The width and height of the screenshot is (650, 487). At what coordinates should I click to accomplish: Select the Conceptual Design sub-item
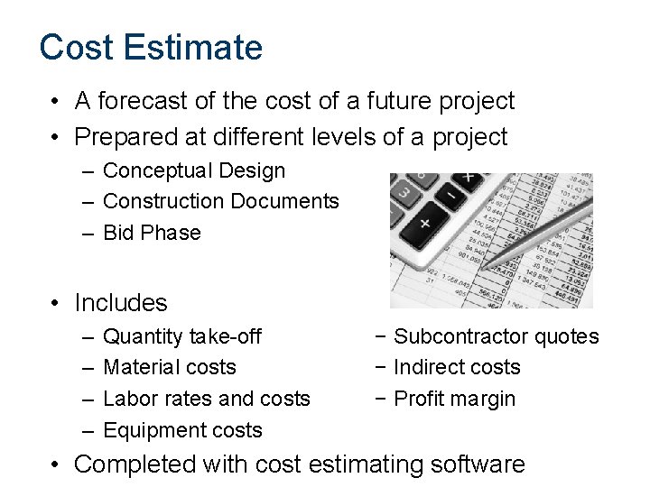pyautogui.click(x=194, y=170)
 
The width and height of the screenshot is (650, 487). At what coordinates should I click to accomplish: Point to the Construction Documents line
pyautogui.click(x=221, y=201)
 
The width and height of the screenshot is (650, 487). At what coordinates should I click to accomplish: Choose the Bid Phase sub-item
pyautogui.click(x=152, y=233)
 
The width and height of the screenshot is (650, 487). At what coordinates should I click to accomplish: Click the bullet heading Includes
pyautogui.click(x=121, y=303)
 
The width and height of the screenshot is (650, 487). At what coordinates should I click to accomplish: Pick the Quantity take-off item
pyautogui.click(x=182, y=336)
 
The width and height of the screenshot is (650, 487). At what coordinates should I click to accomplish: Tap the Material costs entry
pyautogui.click(x=170, y=367)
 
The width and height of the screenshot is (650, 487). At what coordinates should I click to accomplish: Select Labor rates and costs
pyautogui.click(x=207, y=399)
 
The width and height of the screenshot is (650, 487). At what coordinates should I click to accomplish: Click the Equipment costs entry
pyautogui.click(x=182, y=430)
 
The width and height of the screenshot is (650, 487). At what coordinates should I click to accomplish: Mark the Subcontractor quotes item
pyautogui.click(x=497, y=336)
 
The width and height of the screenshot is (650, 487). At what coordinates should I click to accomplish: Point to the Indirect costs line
pyautogui.click(x=457, y=367)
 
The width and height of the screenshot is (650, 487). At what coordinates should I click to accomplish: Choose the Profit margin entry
pyautogui.click(x=455, y=399)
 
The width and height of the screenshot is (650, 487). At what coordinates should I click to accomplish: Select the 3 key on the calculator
pyautogui.click(x=405, y=193)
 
